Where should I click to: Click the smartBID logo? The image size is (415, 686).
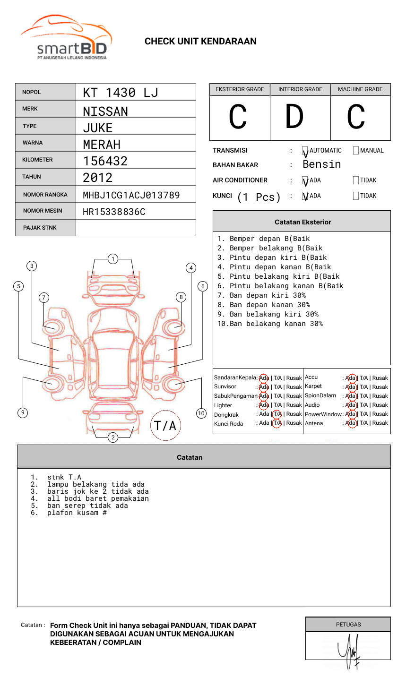[x=66, y=38]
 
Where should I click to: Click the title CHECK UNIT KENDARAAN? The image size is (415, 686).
[x=200, y=42]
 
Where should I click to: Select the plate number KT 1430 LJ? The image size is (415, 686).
[x=121, y=93]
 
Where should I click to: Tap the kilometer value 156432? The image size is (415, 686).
[x=105, y=161]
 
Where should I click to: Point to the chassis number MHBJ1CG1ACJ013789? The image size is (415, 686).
[x=131, y=195]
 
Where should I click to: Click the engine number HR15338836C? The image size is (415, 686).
[x=114, y=212]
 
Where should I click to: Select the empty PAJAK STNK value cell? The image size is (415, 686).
[x=136, y=228]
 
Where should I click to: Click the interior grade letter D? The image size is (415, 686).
[x=294, y=117]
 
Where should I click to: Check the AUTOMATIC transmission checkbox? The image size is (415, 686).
[x=305, y=151]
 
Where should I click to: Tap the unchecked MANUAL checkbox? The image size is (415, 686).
[x=356, y=151]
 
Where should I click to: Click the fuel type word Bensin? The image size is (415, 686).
[x=321, y=164]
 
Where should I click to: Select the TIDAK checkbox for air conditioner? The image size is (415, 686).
[x=356, y=180]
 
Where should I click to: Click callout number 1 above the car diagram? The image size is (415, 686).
[x=112, y=259]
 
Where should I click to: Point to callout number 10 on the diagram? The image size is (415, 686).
[x=201, y=413]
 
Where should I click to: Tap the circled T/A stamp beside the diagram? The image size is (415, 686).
[x=165, y=425]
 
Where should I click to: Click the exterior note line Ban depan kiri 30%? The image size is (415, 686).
[x=268, y=295]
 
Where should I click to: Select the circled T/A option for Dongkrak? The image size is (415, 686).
[x=277, y=414]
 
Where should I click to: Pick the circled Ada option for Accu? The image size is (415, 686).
[x=351, y=378]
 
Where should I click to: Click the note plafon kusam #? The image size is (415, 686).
[x=77, y=513]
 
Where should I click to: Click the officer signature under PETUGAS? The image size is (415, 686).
[x=349, y=651]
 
